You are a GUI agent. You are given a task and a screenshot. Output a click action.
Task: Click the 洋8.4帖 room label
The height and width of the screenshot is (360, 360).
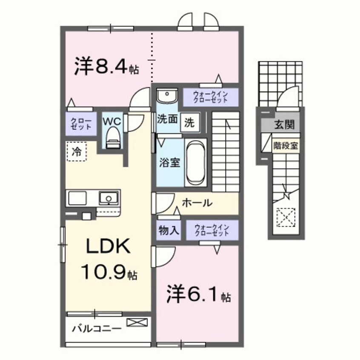click(106, 66)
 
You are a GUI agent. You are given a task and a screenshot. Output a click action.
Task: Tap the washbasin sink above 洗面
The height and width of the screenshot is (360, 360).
click(166, 95)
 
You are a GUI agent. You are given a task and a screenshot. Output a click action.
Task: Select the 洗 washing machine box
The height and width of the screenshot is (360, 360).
click(189, 123)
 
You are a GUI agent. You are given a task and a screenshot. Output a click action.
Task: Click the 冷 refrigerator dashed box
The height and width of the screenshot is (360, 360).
click(77, 151)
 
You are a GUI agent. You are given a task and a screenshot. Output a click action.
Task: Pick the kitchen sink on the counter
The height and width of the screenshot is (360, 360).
click(109, 198)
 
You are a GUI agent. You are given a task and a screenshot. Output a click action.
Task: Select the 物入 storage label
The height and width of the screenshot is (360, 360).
click(169, 231)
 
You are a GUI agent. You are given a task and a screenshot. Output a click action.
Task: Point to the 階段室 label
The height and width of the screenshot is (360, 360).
click(286, 145)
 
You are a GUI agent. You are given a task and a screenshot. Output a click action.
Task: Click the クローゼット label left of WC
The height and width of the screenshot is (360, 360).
click(80, 124)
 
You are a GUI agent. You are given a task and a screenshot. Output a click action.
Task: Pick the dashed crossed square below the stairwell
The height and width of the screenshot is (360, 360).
click(286, 217)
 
